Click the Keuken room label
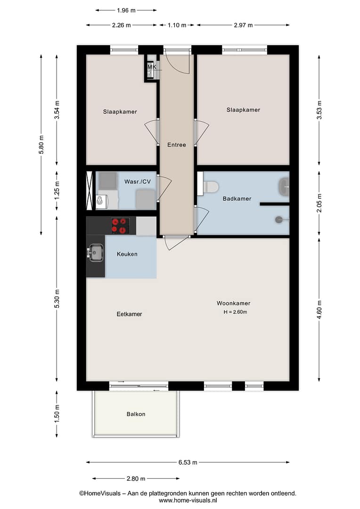[127, 254]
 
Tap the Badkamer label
[237, 199]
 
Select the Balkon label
[136, 414]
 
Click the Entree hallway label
[177, 145]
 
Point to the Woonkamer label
[233, 303]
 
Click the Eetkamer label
[129, 314]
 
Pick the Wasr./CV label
[138, 181]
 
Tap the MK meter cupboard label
[152, 67]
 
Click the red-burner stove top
[119, 226]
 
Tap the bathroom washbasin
[284, 187]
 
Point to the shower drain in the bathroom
[279, 220]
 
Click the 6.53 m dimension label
[188, 462]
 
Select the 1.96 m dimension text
[126, 10]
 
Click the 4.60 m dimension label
[319, 310]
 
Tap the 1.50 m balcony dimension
[57, 414]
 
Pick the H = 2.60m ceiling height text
[235, 312]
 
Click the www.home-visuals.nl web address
[188, 501]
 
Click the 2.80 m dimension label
[136, 478]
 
